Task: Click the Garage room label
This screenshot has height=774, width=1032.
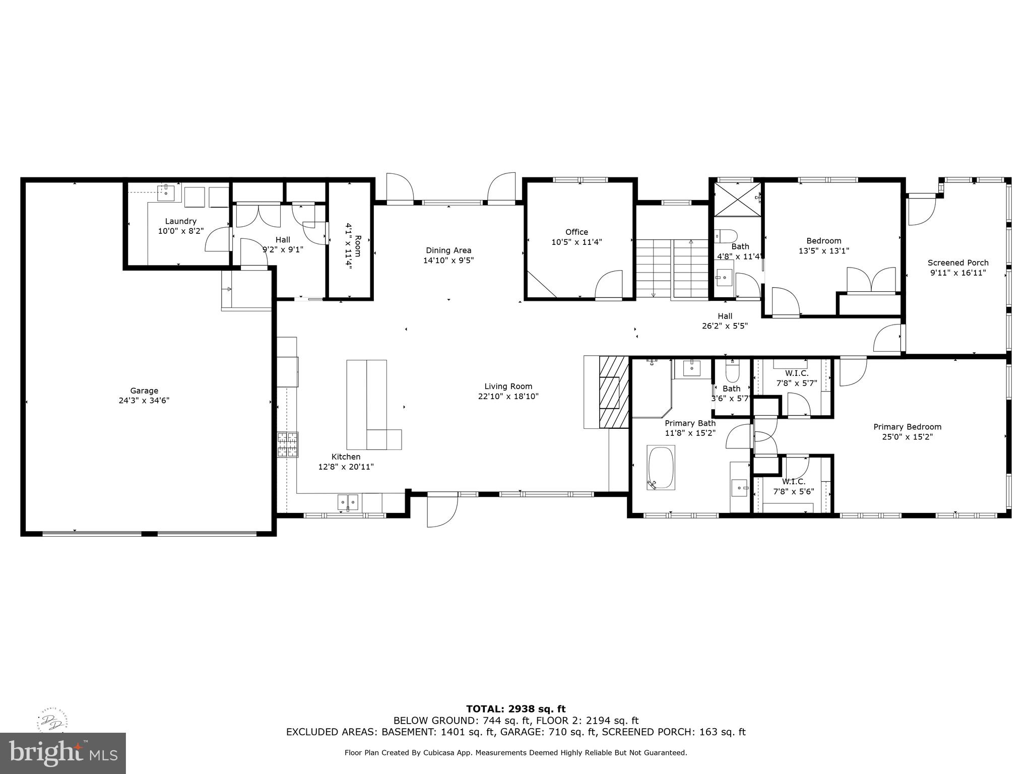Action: [144, 391]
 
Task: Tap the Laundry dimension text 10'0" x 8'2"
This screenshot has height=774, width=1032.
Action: [180, 231]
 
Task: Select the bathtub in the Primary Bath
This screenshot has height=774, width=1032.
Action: [661, 467]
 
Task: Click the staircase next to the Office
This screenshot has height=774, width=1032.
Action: [672, 268]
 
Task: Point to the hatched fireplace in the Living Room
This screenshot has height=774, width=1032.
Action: [614, 392]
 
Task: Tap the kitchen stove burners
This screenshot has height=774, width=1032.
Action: [287, 445]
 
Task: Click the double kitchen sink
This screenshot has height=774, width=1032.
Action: [348, 502]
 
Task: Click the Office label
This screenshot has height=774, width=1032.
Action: [576, 232]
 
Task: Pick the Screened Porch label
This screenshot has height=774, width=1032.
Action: [958, 263]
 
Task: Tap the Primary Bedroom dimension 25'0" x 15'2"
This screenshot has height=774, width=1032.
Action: [907, 437]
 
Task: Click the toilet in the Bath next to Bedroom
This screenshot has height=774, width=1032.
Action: [726, 235]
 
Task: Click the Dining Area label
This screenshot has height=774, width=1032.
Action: [448, 250]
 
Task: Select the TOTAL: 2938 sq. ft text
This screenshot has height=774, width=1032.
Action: [515, 709]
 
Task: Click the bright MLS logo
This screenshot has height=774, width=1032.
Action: [63, 753]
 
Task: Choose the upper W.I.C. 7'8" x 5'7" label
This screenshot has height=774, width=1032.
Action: [796, 378]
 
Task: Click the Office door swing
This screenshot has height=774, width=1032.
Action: [609, 285]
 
